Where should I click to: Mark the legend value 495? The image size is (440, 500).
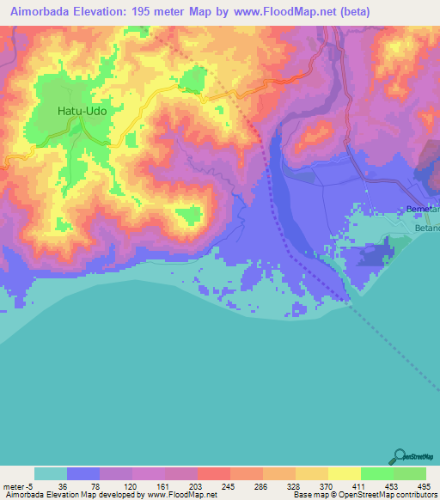423,486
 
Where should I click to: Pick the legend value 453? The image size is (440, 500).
389,486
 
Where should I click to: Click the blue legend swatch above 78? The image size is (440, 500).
83,473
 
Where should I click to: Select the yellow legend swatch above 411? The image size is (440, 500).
344,473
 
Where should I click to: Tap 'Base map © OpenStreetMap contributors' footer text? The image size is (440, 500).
365,495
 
